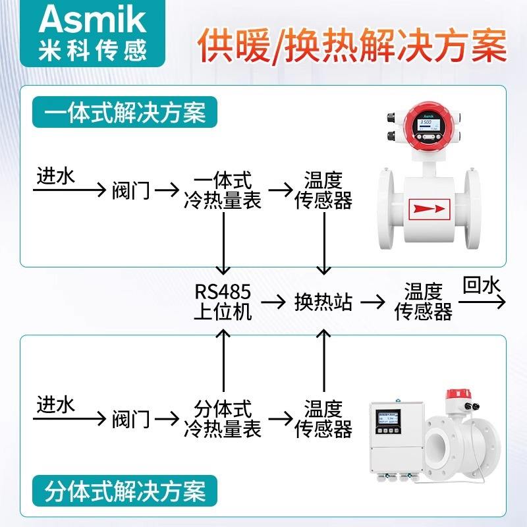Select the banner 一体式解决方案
click(125, 113)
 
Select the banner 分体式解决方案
click(125, 491)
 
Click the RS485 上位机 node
click(223, 301)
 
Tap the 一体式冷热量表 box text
click(223, 190)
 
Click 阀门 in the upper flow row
click(131, 191)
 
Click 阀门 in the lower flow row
click(131, 419)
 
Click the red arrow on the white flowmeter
click(429, 209)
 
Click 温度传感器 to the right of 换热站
click(423, 301)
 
